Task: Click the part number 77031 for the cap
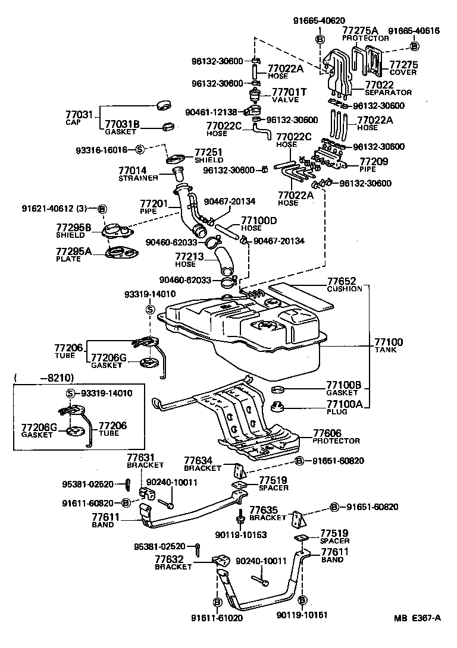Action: click(79, 113)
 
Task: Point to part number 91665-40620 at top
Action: click(319, 20)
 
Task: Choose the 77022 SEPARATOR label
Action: click(387, 89)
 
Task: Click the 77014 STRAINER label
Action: click(137, 174)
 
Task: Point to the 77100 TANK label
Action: click(389, 345)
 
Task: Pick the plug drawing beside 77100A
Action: click(277, 407)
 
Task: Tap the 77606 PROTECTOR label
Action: click(336, 437)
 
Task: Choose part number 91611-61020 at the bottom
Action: click(201, 616)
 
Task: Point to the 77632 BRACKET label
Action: click(173, 562)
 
